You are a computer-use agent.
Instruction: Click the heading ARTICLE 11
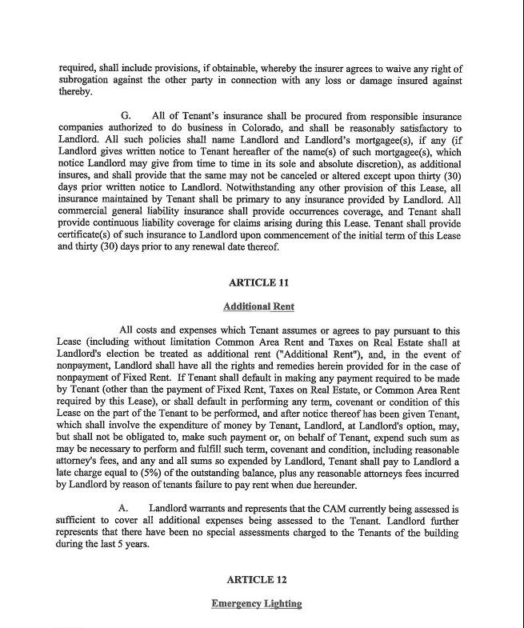(257, 282)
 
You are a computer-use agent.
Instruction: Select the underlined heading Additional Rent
(257, 306)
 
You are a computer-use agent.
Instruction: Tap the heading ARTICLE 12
(257, 579)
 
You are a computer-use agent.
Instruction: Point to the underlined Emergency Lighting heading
(257, 603)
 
